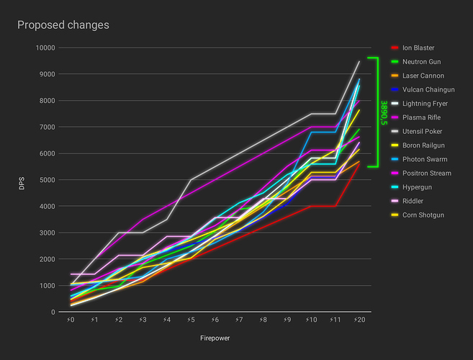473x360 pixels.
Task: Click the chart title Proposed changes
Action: (63, 25)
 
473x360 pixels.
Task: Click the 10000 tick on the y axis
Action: (45, 48)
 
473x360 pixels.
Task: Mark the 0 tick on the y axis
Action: (53, 312)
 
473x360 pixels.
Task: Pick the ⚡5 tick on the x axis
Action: (191, 319)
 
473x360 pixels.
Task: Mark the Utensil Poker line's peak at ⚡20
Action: (359, 62)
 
